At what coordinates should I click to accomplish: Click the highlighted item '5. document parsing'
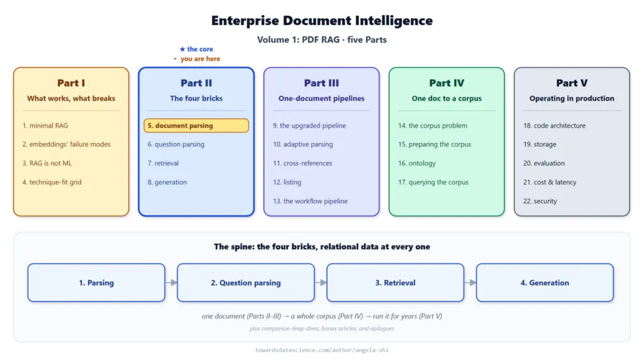(196, 126)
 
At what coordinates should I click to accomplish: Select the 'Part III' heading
(321, 83)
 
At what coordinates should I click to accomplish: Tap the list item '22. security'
(540, 201)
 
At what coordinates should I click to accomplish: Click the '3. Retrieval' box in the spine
(395, 283)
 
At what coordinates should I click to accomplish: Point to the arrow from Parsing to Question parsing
(171, 283)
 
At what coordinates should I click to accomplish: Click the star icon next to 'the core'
(182, 49)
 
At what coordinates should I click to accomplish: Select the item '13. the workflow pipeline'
(310, 201)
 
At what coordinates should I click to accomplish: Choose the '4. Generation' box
(545, 283)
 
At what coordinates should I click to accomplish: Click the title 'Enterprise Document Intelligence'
(322, 21)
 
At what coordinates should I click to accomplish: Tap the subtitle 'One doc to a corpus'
(447, 99)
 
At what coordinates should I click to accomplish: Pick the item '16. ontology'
(416, 163)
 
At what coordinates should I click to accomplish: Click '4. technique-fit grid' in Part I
(52, 182)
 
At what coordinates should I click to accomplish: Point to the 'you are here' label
(200, 59)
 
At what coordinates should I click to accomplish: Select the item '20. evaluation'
(544, 163)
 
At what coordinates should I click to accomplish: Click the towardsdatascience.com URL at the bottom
(322, 350)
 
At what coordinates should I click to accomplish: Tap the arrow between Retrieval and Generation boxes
(470, 283)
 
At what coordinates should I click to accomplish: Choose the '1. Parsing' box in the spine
(96, 283)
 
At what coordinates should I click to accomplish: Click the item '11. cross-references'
(303, 163)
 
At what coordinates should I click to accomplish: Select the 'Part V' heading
(572, 83)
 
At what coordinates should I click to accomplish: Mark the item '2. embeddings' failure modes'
(66, 144)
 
